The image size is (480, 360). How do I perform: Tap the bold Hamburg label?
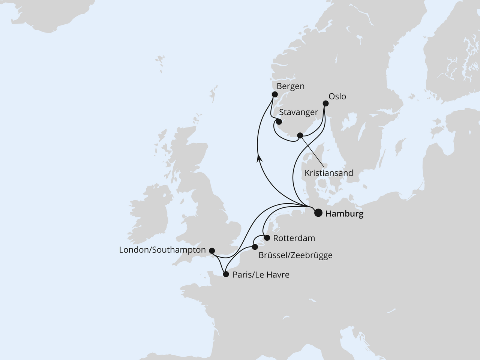click(x=344, y=214)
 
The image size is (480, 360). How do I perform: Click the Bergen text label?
click(x=290, y=86)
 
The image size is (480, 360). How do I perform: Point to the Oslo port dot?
click(x=325, y=104)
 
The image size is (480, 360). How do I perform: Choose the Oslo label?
click(x=337, y=96)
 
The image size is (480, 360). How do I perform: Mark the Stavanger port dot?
click(x=279, y=121)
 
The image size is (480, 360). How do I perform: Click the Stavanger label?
click(x=298, y=112)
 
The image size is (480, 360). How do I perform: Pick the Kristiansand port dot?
click(x=300, y=135)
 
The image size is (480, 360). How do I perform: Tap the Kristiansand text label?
click(x=329, y=173)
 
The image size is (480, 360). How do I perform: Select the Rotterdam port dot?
click(x=267, y=238)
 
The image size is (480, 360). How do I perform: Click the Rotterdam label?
click(x=294, y=238)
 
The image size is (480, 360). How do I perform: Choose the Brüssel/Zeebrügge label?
click(x=295, y=255)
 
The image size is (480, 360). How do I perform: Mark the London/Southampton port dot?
click(x=212, y=250)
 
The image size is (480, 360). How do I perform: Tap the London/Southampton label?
click(x=162, y=250)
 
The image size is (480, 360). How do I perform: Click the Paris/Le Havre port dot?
click(x=226, y=274)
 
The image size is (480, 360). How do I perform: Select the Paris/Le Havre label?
click(x=261, y=275)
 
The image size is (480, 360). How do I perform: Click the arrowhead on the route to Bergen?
click(x=259, y=159)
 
